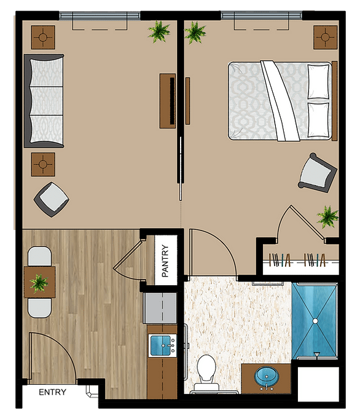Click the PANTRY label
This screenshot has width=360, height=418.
click(165, 261)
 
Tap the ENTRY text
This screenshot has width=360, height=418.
click(52, 392)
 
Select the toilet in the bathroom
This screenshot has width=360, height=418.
click(206, 372)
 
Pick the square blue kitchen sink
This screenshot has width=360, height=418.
click(160, 345)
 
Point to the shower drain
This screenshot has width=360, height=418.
click(315, 321)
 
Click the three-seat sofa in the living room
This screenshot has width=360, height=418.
click(44, 101)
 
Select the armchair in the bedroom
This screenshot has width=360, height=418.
click(317, 173)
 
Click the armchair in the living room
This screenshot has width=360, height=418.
click(52, 199)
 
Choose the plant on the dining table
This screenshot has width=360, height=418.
click(39, 283)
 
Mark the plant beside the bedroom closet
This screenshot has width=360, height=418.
click(328, 216)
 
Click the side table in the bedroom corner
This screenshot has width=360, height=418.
click(326, 37)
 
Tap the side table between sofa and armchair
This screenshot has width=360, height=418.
click(43, 164)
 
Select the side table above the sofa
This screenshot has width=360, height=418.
click(43, 37)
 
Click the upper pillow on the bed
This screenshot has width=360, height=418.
click(318, 81)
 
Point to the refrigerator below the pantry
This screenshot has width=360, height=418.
click(160, 308)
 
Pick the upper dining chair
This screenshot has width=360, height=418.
click(40, 256)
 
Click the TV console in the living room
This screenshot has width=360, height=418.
click(168, 101)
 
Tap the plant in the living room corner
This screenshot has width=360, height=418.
click(159, 31)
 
